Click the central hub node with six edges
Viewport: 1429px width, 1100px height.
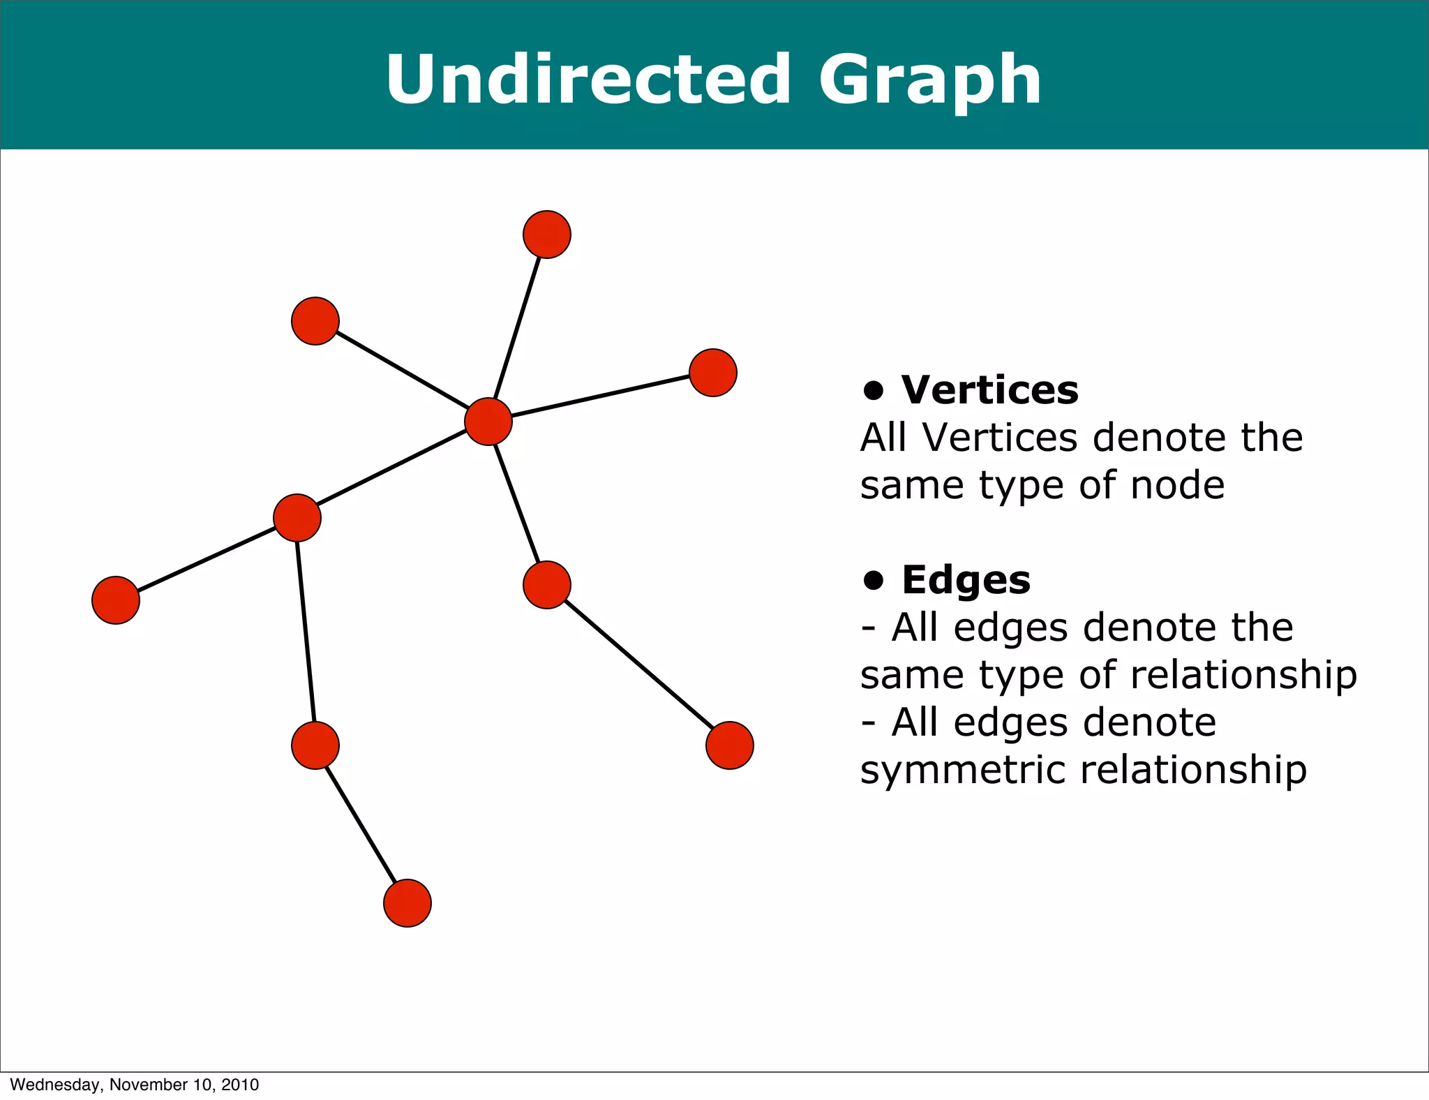click(488, 422)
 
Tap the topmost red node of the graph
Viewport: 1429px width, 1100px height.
click(547, 235)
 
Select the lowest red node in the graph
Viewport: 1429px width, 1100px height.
click(407, 903)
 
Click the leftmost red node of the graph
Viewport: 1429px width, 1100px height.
click(116, 600)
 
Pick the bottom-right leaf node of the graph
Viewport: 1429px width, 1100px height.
click(730, 745)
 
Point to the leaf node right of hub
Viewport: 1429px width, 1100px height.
click(713, 373)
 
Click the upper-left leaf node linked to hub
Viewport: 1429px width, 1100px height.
click(315, 321)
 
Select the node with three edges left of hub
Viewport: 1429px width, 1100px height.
click(297, 518)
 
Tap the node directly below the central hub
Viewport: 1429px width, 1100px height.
click(547, 585)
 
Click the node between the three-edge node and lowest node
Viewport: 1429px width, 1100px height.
click(315, 745)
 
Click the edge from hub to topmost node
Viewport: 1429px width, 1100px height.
click(518, 328)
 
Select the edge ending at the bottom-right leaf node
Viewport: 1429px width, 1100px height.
click(638, 665)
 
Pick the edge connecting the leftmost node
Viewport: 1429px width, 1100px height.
click(207, 559)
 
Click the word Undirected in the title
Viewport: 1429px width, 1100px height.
click(588, 80)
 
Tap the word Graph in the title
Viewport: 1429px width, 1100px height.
click(929, 81)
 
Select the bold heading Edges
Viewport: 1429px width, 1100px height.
click(966, 579)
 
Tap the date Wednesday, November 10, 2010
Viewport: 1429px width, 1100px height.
click(135, 1085)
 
